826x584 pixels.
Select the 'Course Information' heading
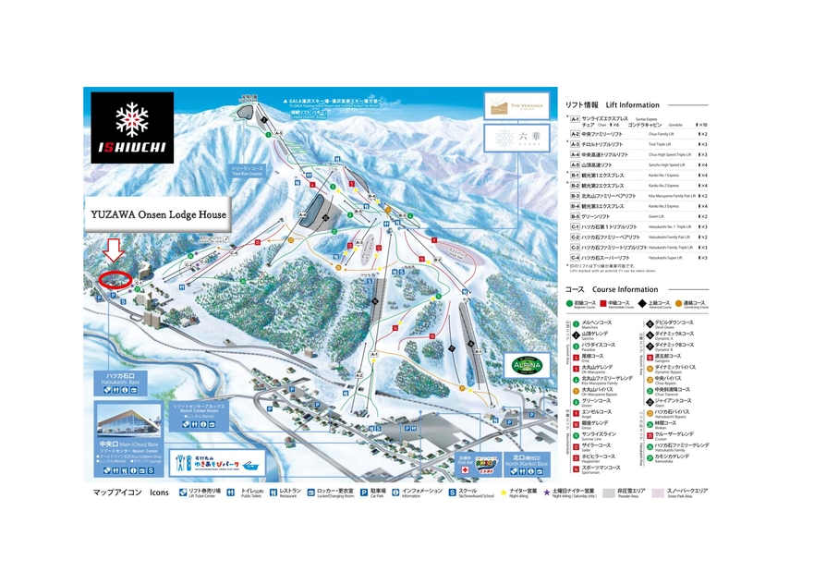pyautogui.click(x=625, y=289)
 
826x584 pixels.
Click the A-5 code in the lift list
pyautogui.click(x=575, y=163)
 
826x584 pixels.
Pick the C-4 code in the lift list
pyautogui.click(x=575, y=258)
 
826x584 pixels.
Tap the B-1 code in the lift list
pyautogui.click(x=575, y=174)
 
